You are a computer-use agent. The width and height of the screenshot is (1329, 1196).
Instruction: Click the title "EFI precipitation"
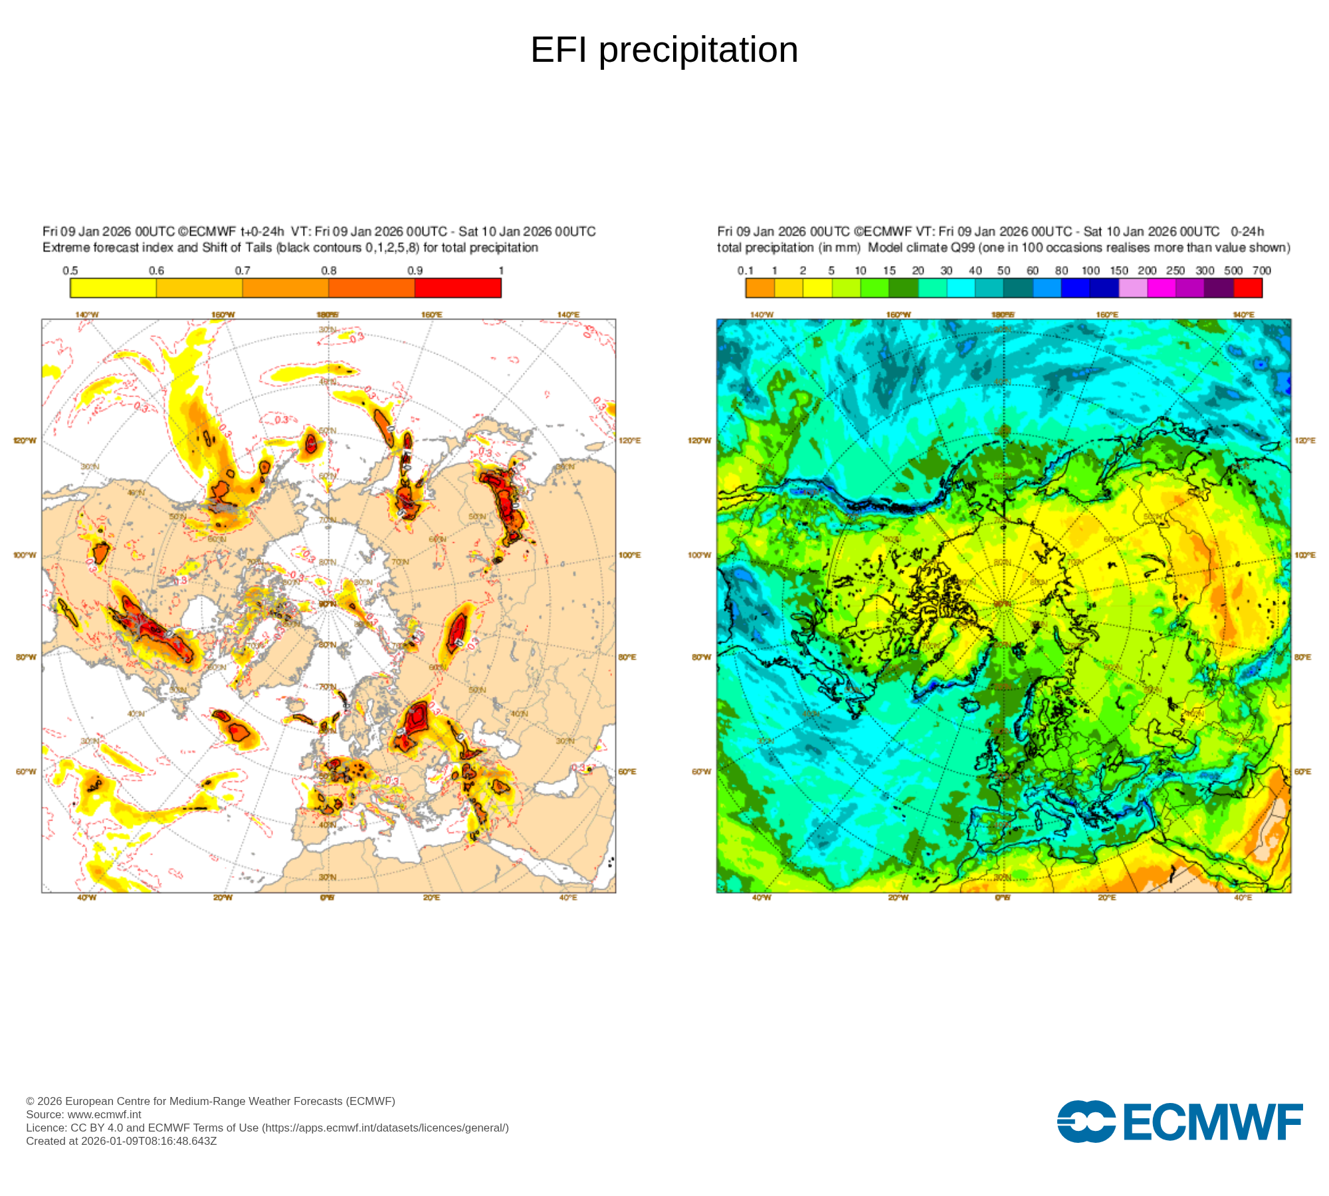pyautogui.click(x=664, y=50)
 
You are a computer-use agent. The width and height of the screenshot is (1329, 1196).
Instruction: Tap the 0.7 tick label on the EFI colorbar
pyautogui.click(x=243, y=270)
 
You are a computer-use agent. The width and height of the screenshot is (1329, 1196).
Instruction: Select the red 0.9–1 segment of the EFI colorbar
pyautogui.click(x=458, y=288)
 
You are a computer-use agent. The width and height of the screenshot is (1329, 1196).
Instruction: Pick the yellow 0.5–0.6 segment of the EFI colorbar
pyautogui.click(x=113, y=288)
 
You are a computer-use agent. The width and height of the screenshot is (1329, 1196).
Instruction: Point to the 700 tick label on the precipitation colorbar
pyautogui.click(x=1261, y=270)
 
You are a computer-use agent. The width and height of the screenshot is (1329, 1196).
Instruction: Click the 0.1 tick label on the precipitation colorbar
pyautogui.click(x=746, y=270)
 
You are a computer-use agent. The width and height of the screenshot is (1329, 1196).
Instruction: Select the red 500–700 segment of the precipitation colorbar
pyautogui.click(x=1248, y=288)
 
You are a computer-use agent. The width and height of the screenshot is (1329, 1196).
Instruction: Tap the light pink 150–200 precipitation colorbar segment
pyautogui.click(x=1133, y=288)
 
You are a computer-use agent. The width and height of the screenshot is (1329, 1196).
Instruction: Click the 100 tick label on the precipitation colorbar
pyautogui.click(x=1090, y=270)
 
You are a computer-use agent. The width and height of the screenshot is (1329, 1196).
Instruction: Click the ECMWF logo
pyautogui.click(x=1179, y=1122)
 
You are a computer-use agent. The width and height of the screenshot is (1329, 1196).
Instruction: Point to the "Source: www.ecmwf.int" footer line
pyautogui.click(x=84, y=1114)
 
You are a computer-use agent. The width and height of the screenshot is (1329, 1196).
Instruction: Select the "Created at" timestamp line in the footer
pyautogui.click(x=122, y=1141)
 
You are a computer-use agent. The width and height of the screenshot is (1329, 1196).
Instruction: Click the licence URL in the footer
pyautogui.click(x=385, y=1128)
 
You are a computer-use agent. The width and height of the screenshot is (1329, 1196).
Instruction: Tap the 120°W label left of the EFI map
pyautogui.click(x=25, y=441)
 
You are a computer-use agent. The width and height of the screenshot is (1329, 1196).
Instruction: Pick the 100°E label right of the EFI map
pyautogui.click(x=630, y=555)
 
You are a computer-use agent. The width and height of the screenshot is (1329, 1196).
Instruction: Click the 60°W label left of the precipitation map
pyautogui.click(x=701, y=771)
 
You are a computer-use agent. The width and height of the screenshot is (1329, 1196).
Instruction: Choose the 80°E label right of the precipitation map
pyautogui.click(x=1303, y=657)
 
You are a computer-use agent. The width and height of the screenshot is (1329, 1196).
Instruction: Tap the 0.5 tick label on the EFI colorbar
pyautogui.click(x=70, y=270)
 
